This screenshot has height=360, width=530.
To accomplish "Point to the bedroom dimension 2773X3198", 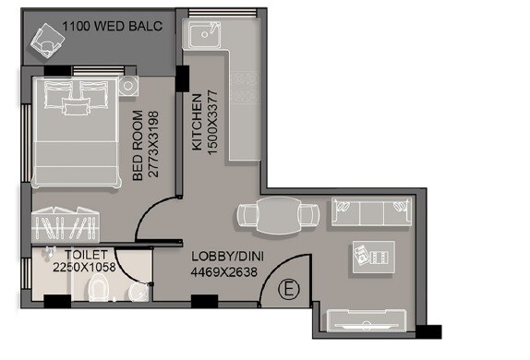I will (x=153, y=146).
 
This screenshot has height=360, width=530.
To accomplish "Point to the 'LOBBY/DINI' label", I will (x=223, y=257).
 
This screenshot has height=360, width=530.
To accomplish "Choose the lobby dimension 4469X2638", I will (x=223, y=271).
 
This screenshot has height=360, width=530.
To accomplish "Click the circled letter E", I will (x=289, y=290).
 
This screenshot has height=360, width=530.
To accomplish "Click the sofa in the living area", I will (x=371, y=215).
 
